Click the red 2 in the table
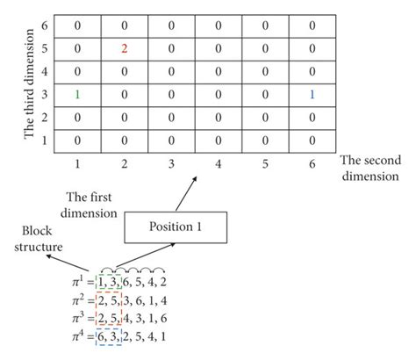(x=125, y=49)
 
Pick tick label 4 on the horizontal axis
(x=219, y=163)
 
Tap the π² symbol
(x=77, y=300)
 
